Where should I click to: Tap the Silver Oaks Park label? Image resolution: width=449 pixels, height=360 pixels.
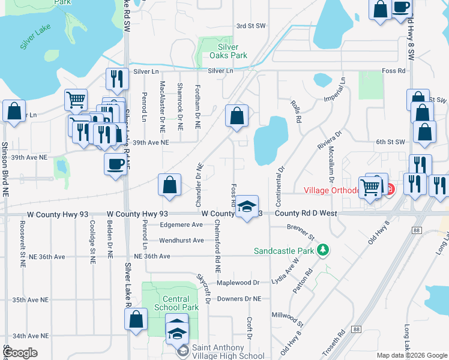[x=228, y=51]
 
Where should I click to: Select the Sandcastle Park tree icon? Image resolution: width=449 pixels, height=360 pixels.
[x=322, y=250]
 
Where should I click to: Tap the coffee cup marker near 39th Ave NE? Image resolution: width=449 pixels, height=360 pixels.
[x=115, y=163]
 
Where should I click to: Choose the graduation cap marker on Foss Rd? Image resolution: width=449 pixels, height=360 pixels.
[x=247, y=206]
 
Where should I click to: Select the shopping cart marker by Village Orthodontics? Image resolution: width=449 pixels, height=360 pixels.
[x=370, y=187]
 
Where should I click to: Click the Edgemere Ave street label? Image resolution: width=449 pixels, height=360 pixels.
[x=181, y=225]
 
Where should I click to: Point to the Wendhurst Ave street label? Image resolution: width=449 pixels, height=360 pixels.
[x=181, y=241]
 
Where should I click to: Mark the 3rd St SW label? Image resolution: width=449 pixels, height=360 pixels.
[x=251, y=26]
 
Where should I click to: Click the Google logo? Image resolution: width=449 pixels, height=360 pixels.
[x=20, y=353]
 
